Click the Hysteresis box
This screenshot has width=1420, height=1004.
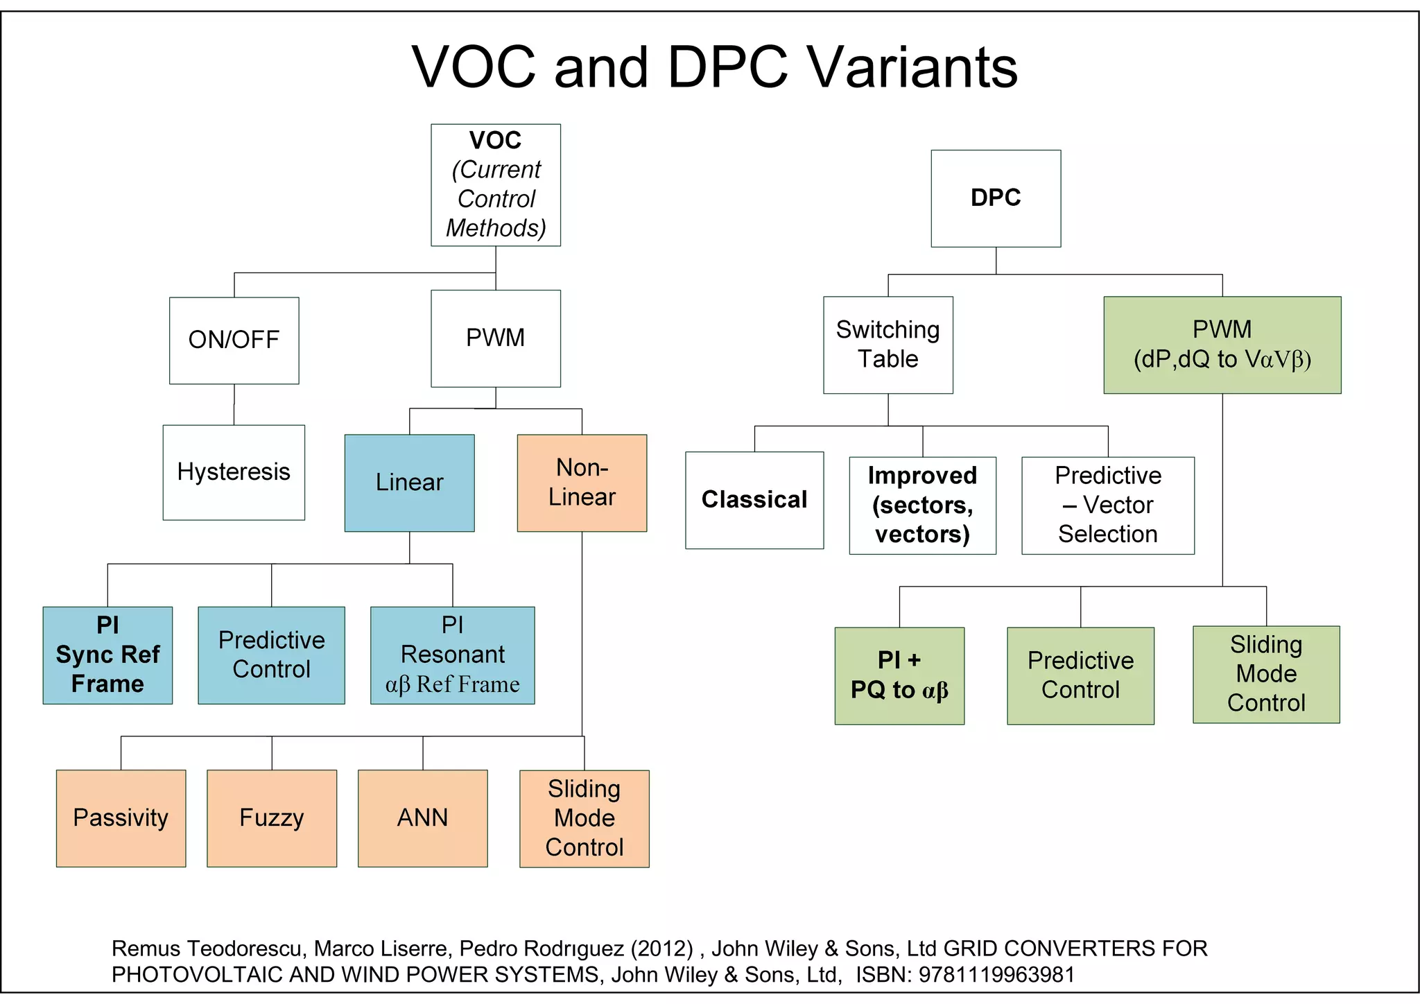pos(234,472)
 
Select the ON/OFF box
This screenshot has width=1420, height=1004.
pos(234,340)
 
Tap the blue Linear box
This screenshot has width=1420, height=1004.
pos(409,483)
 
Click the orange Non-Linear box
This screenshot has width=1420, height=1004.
pos(582,483)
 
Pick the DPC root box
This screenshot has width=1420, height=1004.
pos(996,198)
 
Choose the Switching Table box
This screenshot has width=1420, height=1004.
pos(887,345)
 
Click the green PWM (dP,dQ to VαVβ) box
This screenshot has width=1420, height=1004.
pos(1222,345)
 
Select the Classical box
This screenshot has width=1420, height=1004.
pos(754,500)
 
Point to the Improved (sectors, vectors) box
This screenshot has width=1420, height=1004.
pos(922,505)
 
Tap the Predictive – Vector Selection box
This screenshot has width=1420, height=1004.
pos(1107,505)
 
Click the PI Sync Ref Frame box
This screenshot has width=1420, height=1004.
pos(107,655)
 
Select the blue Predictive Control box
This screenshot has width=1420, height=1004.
pos(271,655)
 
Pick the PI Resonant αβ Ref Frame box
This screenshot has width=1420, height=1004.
pos(452,655)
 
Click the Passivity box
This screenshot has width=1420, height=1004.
pos(121,818)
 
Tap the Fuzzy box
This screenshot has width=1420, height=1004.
pos(272,818)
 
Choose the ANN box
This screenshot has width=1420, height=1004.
pos(422,818)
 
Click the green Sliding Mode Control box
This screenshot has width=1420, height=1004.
pos(1266,674)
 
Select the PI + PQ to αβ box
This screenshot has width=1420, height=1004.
pos(899,675)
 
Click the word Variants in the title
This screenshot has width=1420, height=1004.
pos(912,67)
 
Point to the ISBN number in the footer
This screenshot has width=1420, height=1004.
pos(996,974)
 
